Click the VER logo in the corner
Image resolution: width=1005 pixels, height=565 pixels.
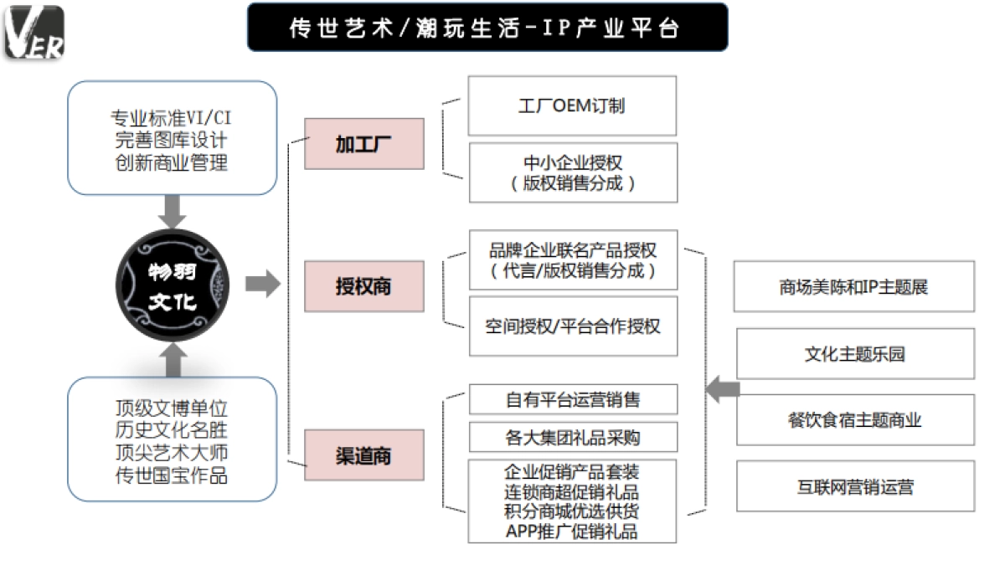[x=34, y=33]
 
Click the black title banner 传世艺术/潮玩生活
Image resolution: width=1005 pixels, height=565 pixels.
[x=487, y=28]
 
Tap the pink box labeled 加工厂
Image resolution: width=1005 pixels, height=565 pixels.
[x=363, y=144]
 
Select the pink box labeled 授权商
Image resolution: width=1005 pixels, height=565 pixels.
[x=363, y=286]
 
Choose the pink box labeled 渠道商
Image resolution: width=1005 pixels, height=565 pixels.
[x=363, y=455]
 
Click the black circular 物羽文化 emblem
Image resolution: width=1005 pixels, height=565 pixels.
[x=172, y=286]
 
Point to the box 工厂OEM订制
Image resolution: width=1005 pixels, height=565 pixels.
[x=572, y=105]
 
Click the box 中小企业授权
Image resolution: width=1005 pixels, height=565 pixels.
[x=572, y=172]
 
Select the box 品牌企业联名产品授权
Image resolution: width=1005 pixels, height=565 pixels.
[x=572, y=260]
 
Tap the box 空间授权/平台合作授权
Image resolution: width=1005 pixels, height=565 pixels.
[x=572, y=326]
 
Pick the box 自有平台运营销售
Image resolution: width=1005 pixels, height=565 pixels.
[x=572, y=399]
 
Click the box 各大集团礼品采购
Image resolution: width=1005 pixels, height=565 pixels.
[x=572, y=436]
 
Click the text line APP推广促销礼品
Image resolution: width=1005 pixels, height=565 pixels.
[x=572, y=531]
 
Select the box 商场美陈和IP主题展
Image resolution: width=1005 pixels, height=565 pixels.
[x=854, y=287]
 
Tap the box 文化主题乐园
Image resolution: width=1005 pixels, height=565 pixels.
[x=854, y=354]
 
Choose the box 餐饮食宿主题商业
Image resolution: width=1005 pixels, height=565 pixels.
[x=854, y=420]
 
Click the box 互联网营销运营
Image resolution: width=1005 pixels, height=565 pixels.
[x=854, y=486]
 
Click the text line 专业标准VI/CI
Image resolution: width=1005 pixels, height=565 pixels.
[x=171, y=117]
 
